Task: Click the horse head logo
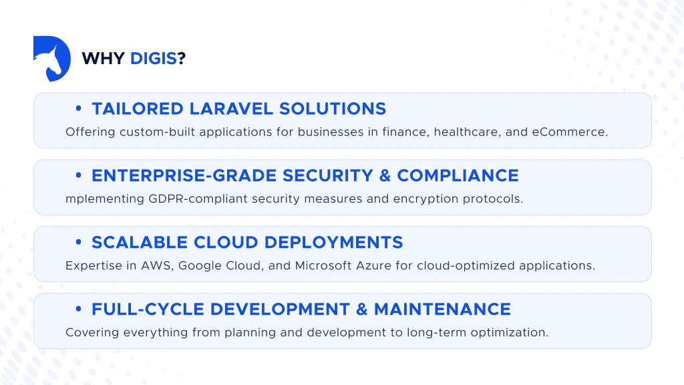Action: click(52, 59)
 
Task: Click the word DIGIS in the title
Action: click(154, 59)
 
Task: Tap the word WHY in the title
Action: click(103, 59)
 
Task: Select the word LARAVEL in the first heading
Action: click(230, 108)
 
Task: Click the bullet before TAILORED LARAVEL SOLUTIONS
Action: click(79, 108)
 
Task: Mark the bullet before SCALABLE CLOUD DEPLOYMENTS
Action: click(79, 242)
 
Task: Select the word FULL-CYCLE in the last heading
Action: click(146, 309)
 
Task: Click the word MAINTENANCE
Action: click(442, 309)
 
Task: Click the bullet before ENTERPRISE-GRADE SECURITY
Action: click(79, 175)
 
